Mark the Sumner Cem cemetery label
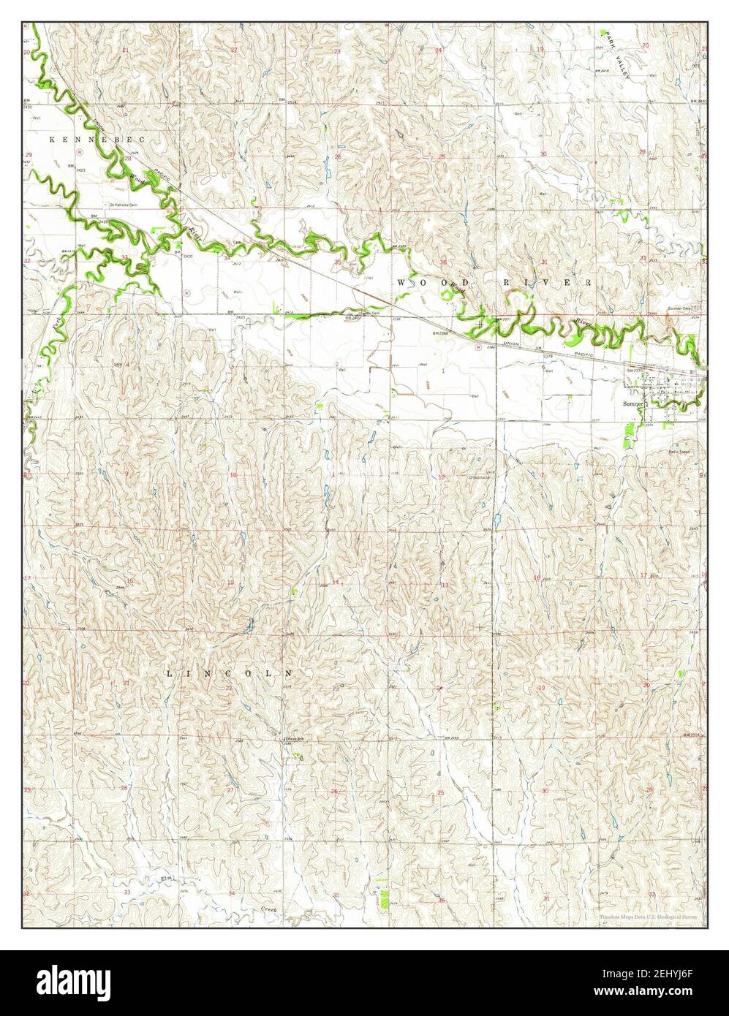[679, 308]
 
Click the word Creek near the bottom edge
[271, 909]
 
